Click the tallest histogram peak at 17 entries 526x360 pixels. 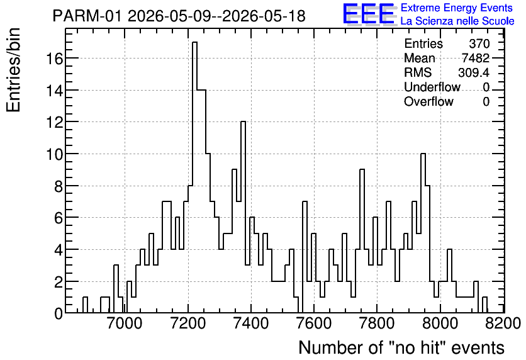[x=194, y=43]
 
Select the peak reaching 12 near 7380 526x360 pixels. [x=243, y=122]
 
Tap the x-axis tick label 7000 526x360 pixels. [x=125, y=324]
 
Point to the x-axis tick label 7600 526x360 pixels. [x=314, y=324]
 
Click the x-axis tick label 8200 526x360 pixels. [x=503, y=324]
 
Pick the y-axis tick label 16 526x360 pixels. [x=54, y=59]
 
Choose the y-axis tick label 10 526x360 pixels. [x=54, y=154]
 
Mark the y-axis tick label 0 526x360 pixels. [x=59, y=313]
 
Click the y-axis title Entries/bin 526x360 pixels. [x=13, y=70]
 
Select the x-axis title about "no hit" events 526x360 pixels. [x=401, y=347]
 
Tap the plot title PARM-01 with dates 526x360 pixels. [x=179, y=16]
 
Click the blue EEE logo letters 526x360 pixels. [x=369, y=14]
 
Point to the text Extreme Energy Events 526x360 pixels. [x=457, y=8]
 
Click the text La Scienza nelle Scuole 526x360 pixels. [x=457, y=21]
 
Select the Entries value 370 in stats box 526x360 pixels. [x=479, y=43]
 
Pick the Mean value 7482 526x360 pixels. [x=476, y=58]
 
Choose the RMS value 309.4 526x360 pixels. [x=474, y=72]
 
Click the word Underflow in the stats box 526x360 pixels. [x=432, y=87]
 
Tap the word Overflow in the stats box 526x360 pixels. [x=428, y=101]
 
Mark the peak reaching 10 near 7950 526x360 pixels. [x=423, y=154]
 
